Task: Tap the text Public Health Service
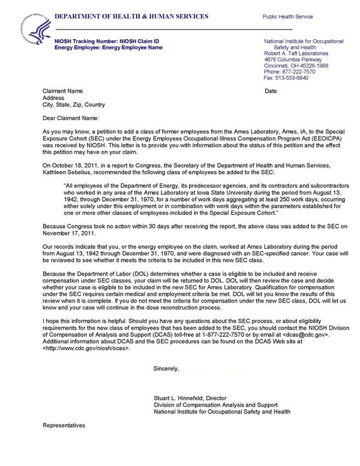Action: [287, 17]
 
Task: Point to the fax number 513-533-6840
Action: [299, 78]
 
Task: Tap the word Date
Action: [270, 91]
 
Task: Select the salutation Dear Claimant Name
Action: [71, 117]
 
